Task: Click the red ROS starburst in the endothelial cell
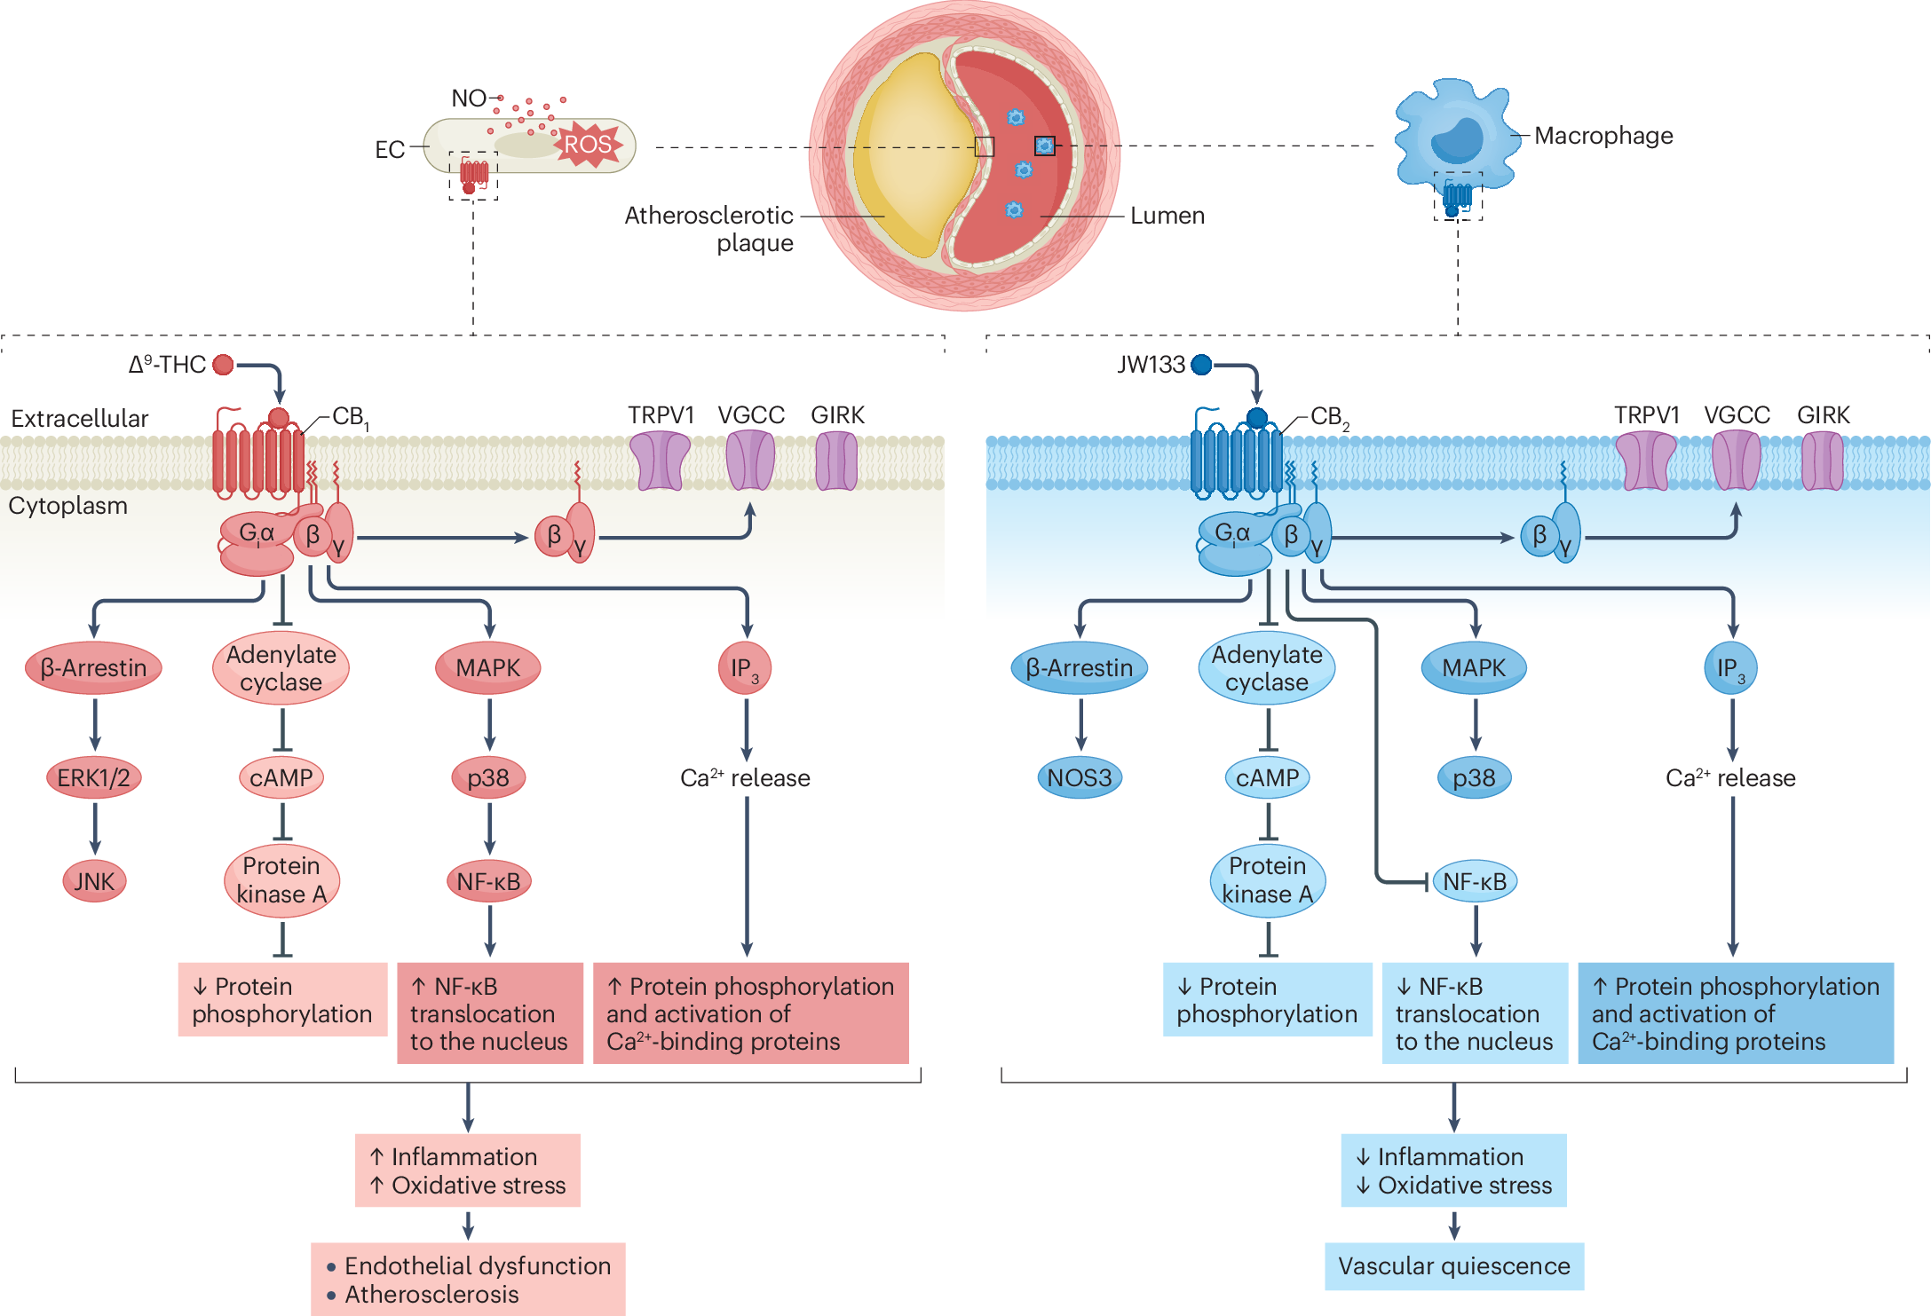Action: tap(588, 144)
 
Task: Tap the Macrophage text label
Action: tap(1603, 136)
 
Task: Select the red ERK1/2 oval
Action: tap(93, 778)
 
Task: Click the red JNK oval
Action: tap(94, 881)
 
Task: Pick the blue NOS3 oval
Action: tap(1079, 778)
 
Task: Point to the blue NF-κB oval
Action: tap(1475, 881)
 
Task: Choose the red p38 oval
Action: tap(488, 778)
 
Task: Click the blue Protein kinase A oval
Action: tap(1267, 880)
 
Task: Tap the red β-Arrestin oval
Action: tap(93, 667)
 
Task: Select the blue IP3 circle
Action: tap(1730, 668)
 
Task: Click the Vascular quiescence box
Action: tap(1453, 1266)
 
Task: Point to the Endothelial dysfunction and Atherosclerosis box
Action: tap(468, 1279)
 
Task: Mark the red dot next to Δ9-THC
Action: tap(224, 365)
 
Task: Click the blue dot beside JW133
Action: tap(1201, 365)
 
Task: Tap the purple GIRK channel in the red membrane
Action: tap(836, 461)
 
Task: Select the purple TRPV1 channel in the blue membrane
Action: tap(1645, 461)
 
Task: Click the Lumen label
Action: tap(1167, 216)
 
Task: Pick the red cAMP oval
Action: tap(281, 778)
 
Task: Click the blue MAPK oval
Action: tap(1474, 668)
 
